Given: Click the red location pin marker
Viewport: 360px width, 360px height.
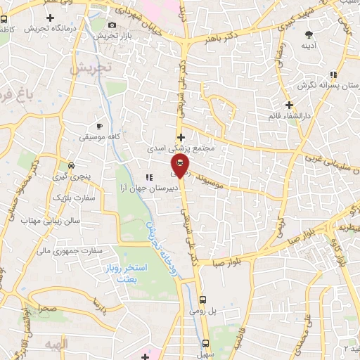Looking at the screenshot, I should point(179,165).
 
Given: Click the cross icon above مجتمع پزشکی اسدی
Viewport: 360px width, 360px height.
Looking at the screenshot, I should point(181,138).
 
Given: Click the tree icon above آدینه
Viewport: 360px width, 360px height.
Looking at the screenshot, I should point(309,34).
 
